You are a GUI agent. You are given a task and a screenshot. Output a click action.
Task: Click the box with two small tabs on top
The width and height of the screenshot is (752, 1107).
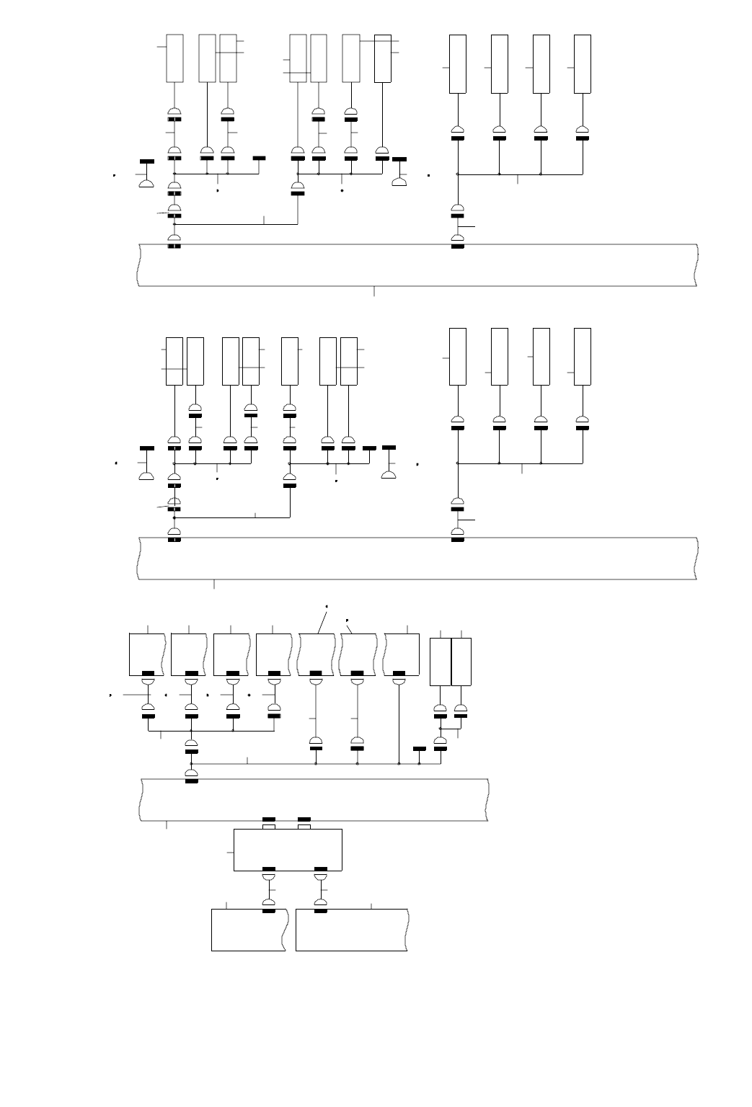288,850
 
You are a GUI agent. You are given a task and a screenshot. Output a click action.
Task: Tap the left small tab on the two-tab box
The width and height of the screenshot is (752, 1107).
268,827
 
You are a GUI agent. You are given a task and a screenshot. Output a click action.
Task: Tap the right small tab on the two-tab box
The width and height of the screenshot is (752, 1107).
304,827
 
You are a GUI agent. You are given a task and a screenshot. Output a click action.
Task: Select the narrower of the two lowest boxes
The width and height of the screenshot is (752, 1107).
249,930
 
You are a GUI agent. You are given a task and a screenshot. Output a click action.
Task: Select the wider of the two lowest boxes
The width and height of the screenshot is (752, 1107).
351,930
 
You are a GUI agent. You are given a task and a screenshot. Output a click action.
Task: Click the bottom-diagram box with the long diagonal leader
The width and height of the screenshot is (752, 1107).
317,654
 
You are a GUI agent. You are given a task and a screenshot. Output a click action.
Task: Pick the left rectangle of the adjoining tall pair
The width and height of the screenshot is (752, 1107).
440,662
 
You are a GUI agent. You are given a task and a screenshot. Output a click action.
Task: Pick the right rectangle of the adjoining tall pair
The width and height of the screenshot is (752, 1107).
461,662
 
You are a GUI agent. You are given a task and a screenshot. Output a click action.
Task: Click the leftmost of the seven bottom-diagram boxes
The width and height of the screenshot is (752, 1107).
147,654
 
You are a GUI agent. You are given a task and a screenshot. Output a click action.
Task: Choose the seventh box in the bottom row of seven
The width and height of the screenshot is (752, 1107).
402,654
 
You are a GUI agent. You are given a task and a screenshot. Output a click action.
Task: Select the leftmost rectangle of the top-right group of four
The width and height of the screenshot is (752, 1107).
458,63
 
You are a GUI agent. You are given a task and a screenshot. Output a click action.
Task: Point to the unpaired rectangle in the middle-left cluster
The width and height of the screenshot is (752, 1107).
290,360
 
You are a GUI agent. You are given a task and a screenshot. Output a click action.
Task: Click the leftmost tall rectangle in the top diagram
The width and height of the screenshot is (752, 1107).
174,58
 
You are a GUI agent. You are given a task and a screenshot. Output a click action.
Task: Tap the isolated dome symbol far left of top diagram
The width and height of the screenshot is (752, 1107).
146,184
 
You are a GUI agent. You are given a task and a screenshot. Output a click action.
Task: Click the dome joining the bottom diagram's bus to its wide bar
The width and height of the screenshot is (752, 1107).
191,774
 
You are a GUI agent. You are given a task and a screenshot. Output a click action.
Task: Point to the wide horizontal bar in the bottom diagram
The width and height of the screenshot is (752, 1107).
314,799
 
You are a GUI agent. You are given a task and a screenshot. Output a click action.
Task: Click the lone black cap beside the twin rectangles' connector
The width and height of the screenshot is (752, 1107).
420,749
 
